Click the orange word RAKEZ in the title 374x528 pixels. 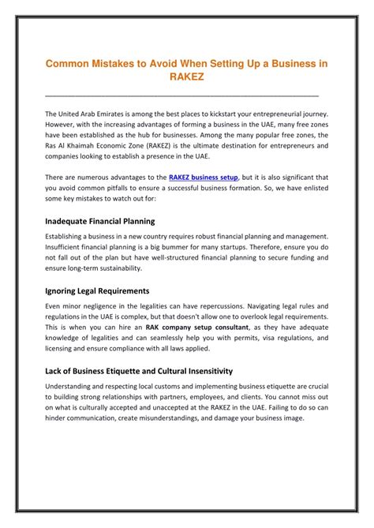pos(186,77)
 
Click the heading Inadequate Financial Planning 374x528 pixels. pos(99,222)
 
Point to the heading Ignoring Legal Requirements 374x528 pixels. pos(96,290)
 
